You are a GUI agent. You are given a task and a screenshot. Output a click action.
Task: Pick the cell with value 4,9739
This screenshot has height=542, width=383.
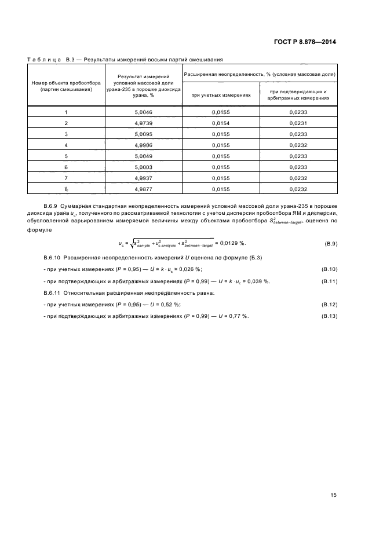[x=143, y=123]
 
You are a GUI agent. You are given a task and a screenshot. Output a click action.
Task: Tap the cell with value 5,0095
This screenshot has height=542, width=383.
[x=143, y=134]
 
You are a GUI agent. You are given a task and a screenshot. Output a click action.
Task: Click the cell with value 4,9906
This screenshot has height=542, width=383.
[x=143, y=145]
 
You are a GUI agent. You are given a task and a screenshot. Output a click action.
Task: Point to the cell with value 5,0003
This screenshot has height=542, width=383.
[x=143, y=167]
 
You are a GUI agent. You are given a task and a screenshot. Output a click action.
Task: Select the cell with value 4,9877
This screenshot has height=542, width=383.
[x=143, y=189]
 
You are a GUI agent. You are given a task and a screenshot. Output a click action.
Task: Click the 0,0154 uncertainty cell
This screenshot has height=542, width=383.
[x=221, y=123]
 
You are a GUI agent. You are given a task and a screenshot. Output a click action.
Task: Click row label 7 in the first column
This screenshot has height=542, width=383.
[x=66, y=178]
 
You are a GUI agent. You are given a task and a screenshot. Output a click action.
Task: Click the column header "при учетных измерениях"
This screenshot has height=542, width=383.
[x=221, y=95]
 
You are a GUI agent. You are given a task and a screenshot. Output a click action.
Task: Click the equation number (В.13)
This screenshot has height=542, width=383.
[x=329, y=316]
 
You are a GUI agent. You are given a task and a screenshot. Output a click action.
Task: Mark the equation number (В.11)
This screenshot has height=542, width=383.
[x=329, y=281]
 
